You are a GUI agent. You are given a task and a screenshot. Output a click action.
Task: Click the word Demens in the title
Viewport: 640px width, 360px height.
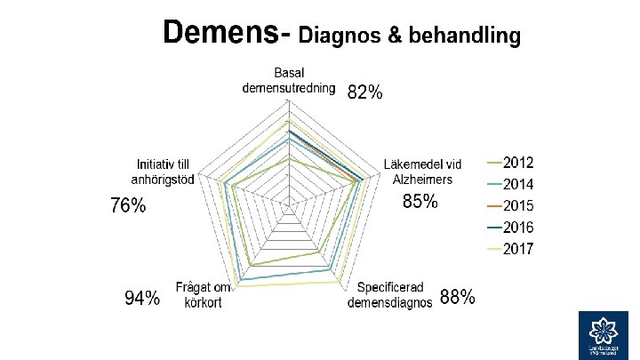click(x=219, y=34)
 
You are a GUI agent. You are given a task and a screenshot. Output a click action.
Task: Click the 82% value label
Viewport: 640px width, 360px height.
click(x=364, y=92)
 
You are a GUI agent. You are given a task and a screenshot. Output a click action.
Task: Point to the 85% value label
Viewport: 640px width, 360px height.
click(x=420, y=202)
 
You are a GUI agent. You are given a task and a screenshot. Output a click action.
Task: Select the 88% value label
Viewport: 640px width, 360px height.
click(x=457, y=298)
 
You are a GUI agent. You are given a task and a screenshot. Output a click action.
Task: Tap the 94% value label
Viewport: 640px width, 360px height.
click(x=142, y=299)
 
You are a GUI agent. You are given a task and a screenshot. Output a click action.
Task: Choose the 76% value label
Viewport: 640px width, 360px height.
click(x=128, y=206)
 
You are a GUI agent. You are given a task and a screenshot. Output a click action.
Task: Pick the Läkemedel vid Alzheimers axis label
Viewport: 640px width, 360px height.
click(x=423, y=172)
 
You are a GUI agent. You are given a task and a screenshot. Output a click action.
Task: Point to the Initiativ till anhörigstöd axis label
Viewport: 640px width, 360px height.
click(x=165, y=172)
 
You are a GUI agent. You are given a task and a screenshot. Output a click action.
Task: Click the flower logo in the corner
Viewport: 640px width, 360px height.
click(x=604, y=336)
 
